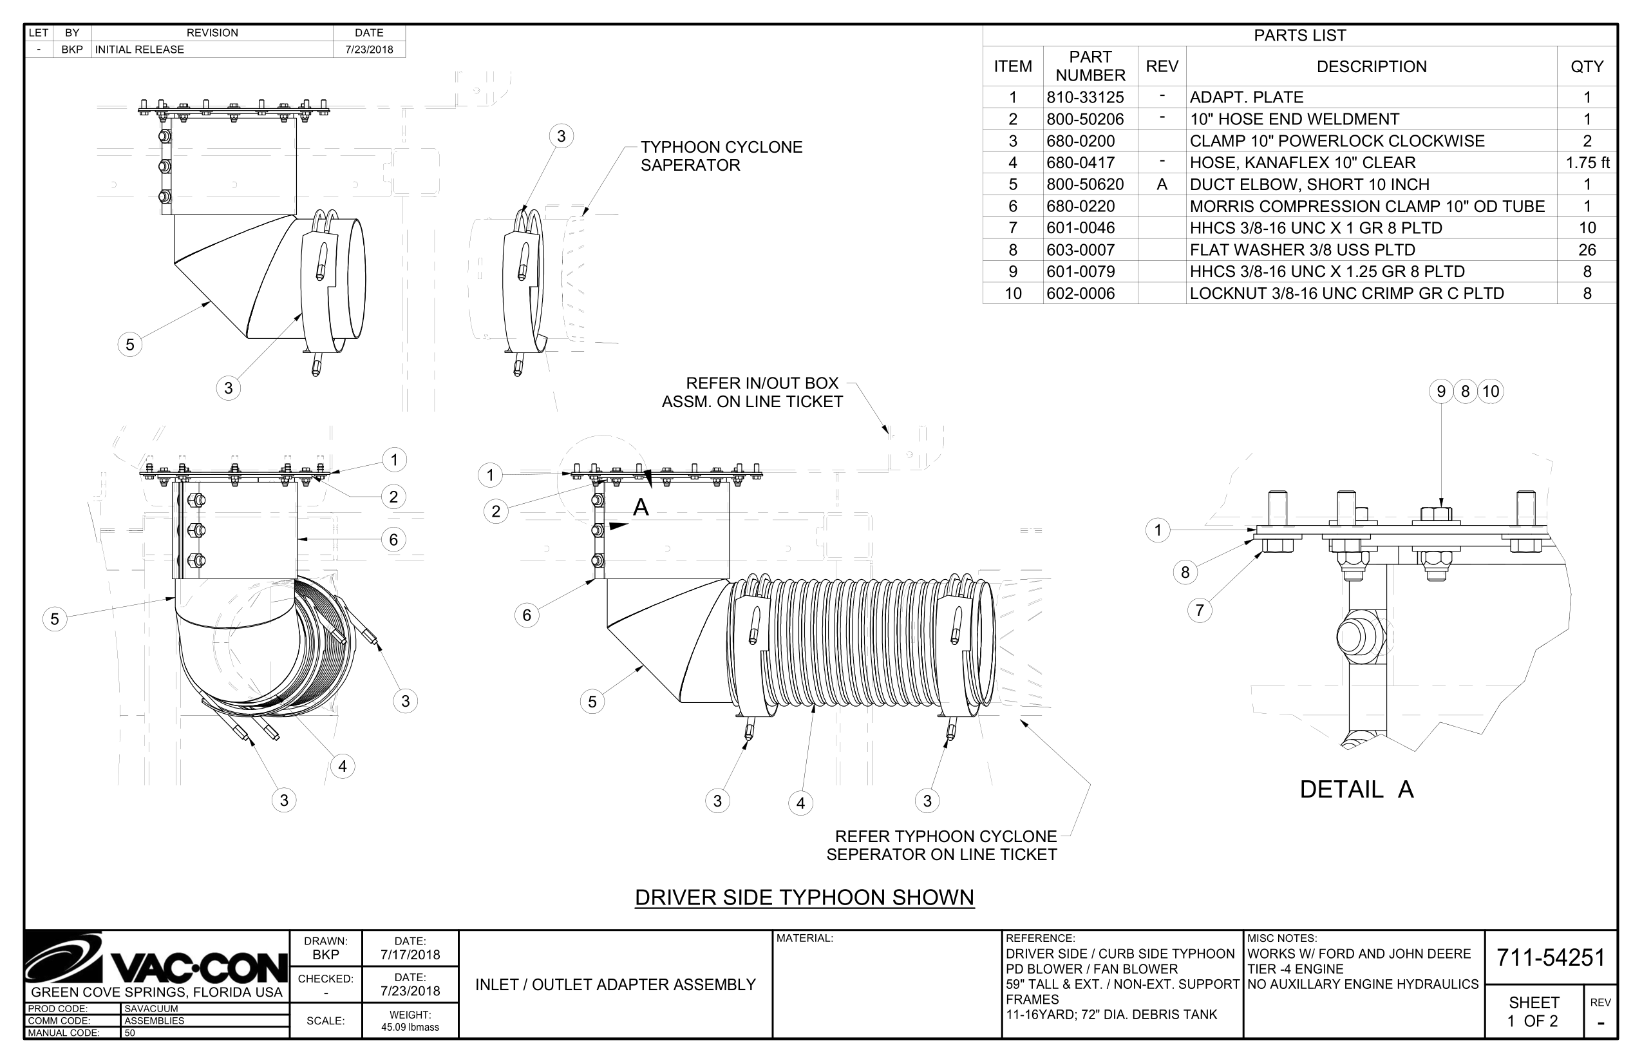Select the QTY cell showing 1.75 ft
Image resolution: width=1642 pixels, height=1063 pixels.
click(1587, 163)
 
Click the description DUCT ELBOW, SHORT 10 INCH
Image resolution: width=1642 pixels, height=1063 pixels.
click(1308, 184)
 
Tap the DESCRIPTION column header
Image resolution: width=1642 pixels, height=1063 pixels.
click(1371, 66)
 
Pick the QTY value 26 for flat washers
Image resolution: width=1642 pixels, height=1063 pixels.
click(1587, 250)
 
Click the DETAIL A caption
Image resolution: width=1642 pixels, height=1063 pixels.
click(1355, 789)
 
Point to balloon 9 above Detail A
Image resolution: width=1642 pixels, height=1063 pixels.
click(1440, 392)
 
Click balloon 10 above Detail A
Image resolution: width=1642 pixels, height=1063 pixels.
click(1490, 392)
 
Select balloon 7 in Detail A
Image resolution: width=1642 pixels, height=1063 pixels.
click(1199, 610)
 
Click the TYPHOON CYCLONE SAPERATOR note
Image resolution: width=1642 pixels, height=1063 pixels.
click(721, 156)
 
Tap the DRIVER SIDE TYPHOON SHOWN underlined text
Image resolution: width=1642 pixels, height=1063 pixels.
click(804, 897)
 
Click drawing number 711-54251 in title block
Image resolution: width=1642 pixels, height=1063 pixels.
click(1551, 957)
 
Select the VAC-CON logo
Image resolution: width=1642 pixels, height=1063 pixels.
click(156, 959)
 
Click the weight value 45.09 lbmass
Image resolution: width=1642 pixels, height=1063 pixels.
click(410, 1027)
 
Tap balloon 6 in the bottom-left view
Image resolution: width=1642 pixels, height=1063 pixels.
click(393, 539)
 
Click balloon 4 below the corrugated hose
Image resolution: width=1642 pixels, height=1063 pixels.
click(800, 803)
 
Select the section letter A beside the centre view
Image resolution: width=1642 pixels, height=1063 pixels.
click(641, 508)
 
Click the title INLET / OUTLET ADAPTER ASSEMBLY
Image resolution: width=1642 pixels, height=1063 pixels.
click(616, 984)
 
